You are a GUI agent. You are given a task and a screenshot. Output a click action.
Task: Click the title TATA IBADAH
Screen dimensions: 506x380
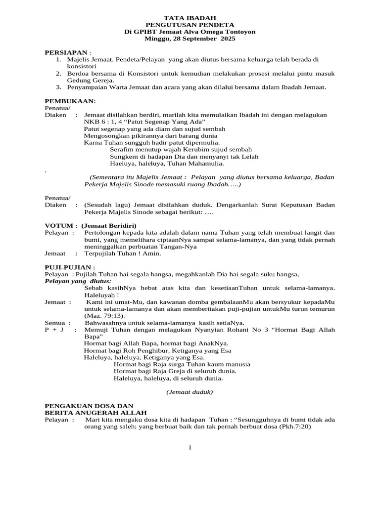pyautogui.click(x=190, y=18)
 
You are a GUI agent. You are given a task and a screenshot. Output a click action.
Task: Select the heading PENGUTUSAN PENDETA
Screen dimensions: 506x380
pyautogui.click(x=190, y=25)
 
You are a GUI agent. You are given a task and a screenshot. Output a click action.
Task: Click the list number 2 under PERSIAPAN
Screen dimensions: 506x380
pyautogui.click(x=58, y=73)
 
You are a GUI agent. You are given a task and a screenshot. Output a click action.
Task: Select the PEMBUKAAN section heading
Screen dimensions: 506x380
pyautogui.click(x=70, y=101)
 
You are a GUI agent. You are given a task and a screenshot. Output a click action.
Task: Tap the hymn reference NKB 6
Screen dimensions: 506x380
pyautogui.click(x=95, y=122)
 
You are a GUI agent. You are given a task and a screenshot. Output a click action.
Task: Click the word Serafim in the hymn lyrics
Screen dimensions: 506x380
pyautogui.click(x=122, y=149)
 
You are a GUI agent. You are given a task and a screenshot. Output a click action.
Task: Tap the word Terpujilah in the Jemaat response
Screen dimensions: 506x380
pyautogui.click(x=102, y=254)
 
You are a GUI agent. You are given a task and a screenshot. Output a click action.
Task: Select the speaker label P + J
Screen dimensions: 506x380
pyautogui.click(x=53, y=330)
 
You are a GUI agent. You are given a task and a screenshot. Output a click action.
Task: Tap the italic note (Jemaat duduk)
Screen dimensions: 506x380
pyautogui.click(x=190, y=392)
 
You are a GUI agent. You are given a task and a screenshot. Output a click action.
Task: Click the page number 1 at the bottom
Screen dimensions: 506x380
pyautogui.click(x=190, y=448)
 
